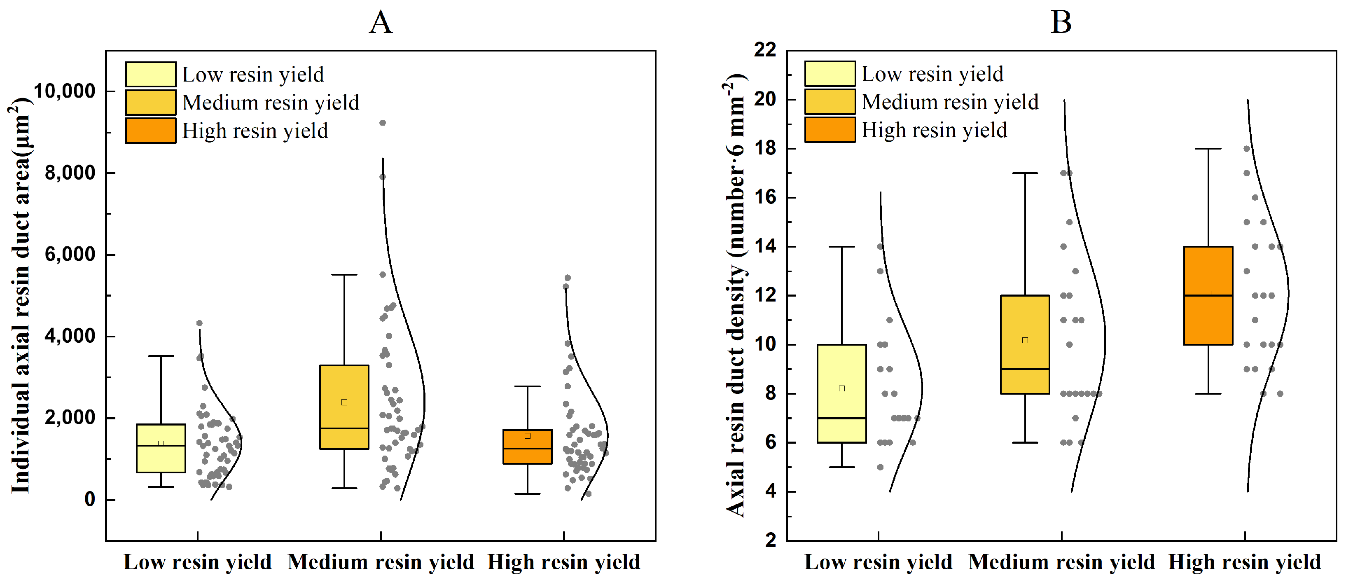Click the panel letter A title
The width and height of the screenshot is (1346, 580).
(x=381, y=23)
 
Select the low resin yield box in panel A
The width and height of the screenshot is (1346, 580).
(x=161, y=448)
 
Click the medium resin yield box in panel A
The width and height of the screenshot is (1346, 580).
(x=344, y=407)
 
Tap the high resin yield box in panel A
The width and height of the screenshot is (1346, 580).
(x=527, y=447)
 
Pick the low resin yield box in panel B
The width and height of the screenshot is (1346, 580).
(x=842, y=393)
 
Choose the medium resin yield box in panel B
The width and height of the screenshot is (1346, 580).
(x=1025, y=344)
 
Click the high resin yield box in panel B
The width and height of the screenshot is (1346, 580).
(x=1208, y=295)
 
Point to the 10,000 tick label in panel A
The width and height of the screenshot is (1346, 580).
(x=65, y=91)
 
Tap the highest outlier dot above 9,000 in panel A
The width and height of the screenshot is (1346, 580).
(x=383, y=123)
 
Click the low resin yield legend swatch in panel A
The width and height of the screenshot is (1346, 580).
(x=150, y=74)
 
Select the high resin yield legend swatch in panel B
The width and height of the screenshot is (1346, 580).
(x=830, y=130)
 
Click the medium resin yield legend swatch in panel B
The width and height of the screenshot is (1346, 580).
(x=830, y=102)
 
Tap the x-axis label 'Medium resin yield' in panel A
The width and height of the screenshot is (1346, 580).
(x=381, y=562)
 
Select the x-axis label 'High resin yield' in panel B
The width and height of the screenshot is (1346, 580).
(x=1244, y=562)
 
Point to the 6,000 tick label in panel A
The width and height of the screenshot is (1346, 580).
(x=70, y=255)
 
